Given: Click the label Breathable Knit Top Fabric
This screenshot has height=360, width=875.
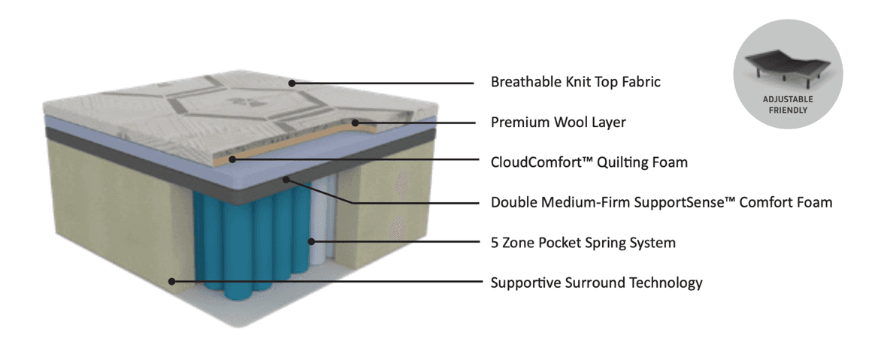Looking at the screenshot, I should tap(575, 82).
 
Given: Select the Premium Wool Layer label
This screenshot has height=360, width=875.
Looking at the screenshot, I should tap(558, 122).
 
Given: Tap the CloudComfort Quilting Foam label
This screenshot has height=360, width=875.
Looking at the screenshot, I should tap(589, 162).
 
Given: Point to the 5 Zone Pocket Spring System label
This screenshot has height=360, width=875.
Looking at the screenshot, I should tap(583, 243).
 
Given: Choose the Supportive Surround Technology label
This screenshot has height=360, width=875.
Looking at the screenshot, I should tap(596, 283).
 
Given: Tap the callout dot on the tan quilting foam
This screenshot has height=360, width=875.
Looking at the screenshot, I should tap(233, 159).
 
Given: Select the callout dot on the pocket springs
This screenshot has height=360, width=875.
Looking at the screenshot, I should tap(310, 242).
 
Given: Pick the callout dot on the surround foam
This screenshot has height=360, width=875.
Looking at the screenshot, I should tap(172, 282).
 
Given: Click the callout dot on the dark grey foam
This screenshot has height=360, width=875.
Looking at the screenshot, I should tap(286, 180).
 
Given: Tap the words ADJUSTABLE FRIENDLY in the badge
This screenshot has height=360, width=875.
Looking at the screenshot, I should tap(788, 104).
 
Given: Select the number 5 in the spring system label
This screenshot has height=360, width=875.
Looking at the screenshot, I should tap(495, 243).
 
